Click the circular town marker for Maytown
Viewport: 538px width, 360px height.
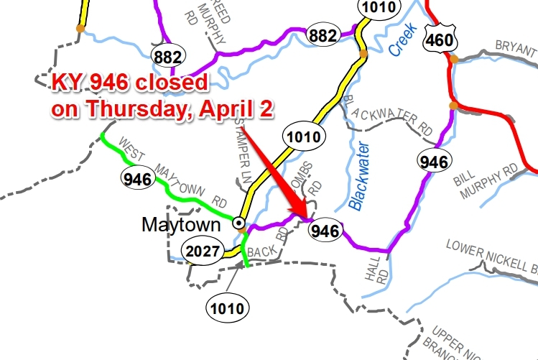click(x=240, y=223)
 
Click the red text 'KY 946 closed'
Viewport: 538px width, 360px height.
click(x=129, y=83)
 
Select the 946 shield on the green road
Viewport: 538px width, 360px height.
click(x=137, y=177)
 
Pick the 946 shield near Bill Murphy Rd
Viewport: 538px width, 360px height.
click(x=435, y=162)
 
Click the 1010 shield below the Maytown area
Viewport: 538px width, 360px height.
click(x=228, y=309)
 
